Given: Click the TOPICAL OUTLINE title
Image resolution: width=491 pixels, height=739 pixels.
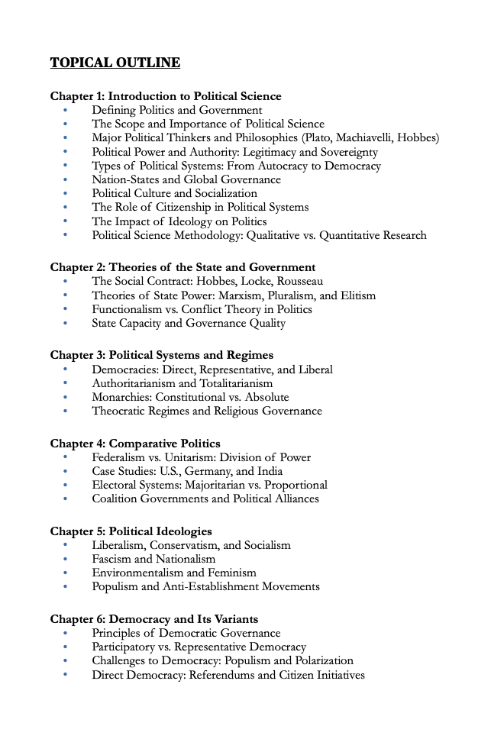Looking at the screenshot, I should point(115,63).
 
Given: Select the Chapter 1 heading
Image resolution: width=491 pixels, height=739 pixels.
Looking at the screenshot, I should point(166,96).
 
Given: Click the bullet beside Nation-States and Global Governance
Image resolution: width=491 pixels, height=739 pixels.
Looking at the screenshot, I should point(66,180).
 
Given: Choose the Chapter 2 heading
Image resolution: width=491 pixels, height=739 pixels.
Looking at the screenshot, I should point(183,267).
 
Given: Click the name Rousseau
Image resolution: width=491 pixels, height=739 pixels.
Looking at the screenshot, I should point(299,282).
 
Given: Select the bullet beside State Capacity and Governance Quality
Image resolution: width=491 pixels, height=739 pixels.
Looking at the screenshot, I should point(66,324).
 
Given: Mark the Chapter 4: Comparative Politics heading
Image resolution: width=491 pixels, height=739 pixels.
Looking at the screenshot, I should point(135,444).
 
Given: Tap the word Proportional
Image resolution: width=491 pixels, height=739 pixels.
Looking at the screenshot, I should point(295,485).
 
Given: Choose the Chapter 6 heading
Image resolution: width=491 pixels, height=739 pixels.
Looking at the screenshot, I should point(154,619).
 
